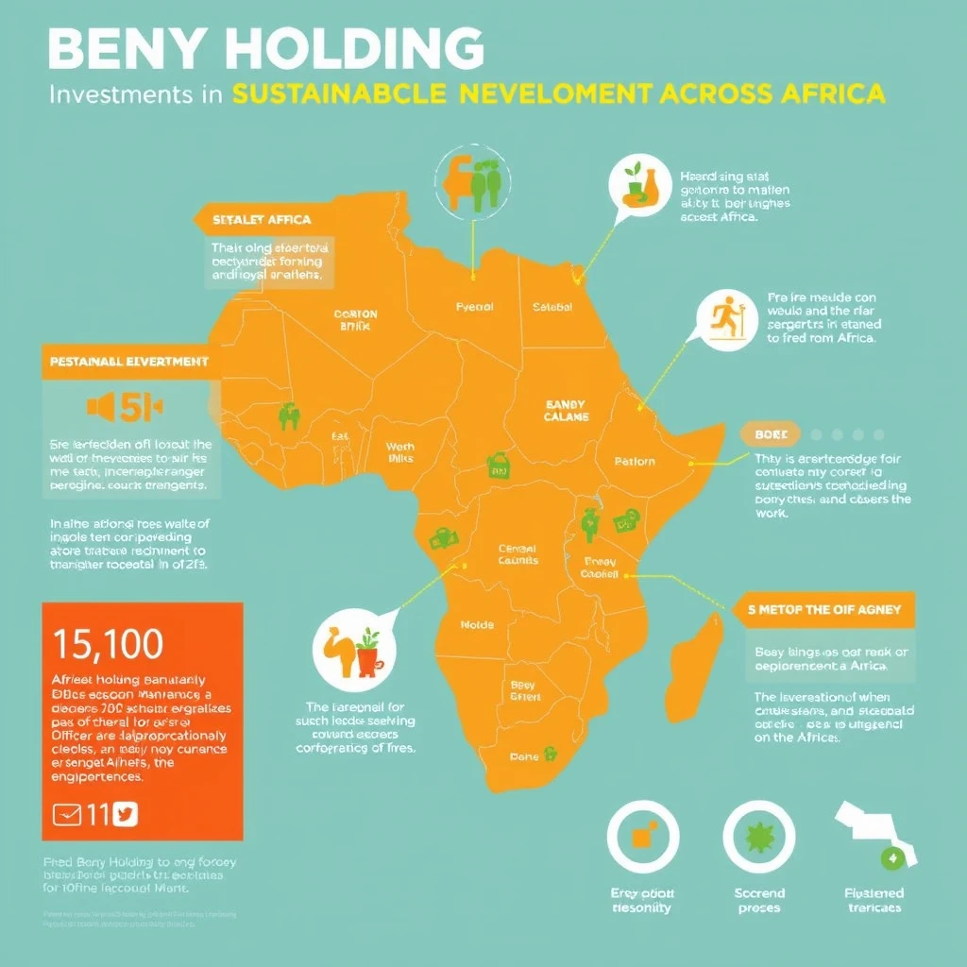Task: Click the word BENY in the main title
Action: (x=133, y=48)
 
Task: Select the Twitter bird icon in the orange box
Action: (x=125, y=814)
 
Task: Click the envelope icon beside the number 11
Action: (x=67, y=814)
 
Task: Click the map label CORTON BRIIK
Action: (x=355, y=319)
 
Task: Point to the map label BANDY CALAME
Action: (x=566, y=410)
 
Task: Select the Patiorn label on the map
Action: (x=634, y=462)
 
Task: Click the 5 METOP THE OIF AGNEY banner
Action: (x=823, y=609)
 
